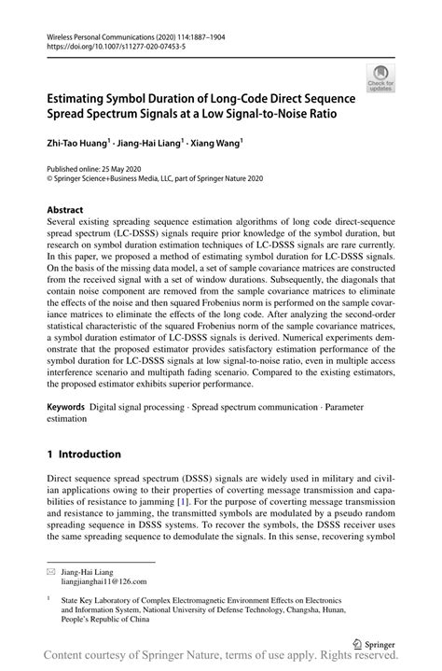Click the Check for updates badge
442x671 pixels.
(x=381, y=77)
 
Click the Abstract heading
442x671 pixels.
(x=65, y=210)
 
